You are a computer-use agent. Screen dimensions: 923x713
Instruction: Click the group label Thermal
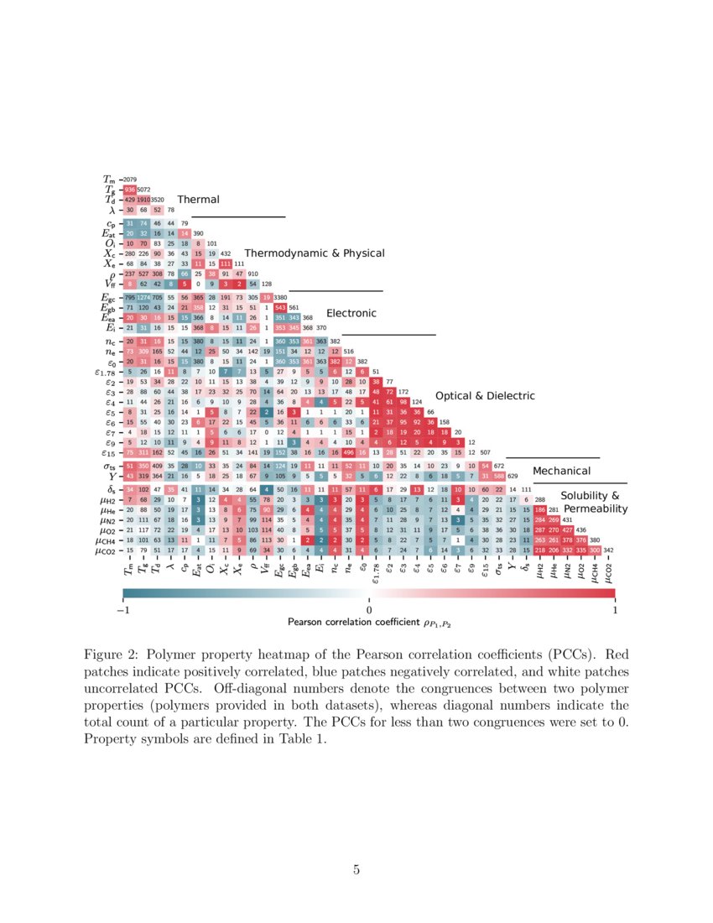tap(198, 200)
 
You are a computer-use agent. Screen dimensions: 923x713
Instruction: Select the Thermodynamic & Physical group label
tap(315, 253)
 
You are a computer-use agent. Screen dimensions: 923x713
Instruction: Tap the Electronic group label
tap(351, 313)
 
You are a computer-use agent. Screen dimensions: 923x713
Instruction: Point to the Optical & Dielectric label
tap(485, 395)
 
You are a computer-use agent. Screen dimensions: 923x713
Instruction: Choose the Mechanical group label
tap(561, 472)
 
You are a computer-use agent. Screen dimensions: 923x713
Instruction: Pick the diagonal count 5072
tap(143, 190)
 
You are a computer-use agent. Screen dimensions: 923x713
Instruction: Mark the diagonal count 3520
tap(157, 200)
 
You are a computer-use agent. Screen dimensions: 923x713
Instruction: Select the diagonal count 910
tap(253, 274)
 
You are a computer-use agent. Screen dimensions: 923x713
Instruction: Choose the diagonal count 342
tap(608, 551)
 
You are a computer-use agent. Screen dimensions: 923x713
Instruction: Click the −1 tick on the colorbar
tap(122, 610)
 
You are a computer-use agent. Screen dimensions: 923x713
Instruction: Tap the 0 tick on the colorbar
tap(369, 610)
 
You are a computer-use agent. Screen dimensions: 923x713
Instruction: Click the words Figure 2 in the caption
tap(114, 653)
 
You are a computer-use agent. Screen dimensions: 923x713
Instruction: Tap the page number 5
tap(356, 871)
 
